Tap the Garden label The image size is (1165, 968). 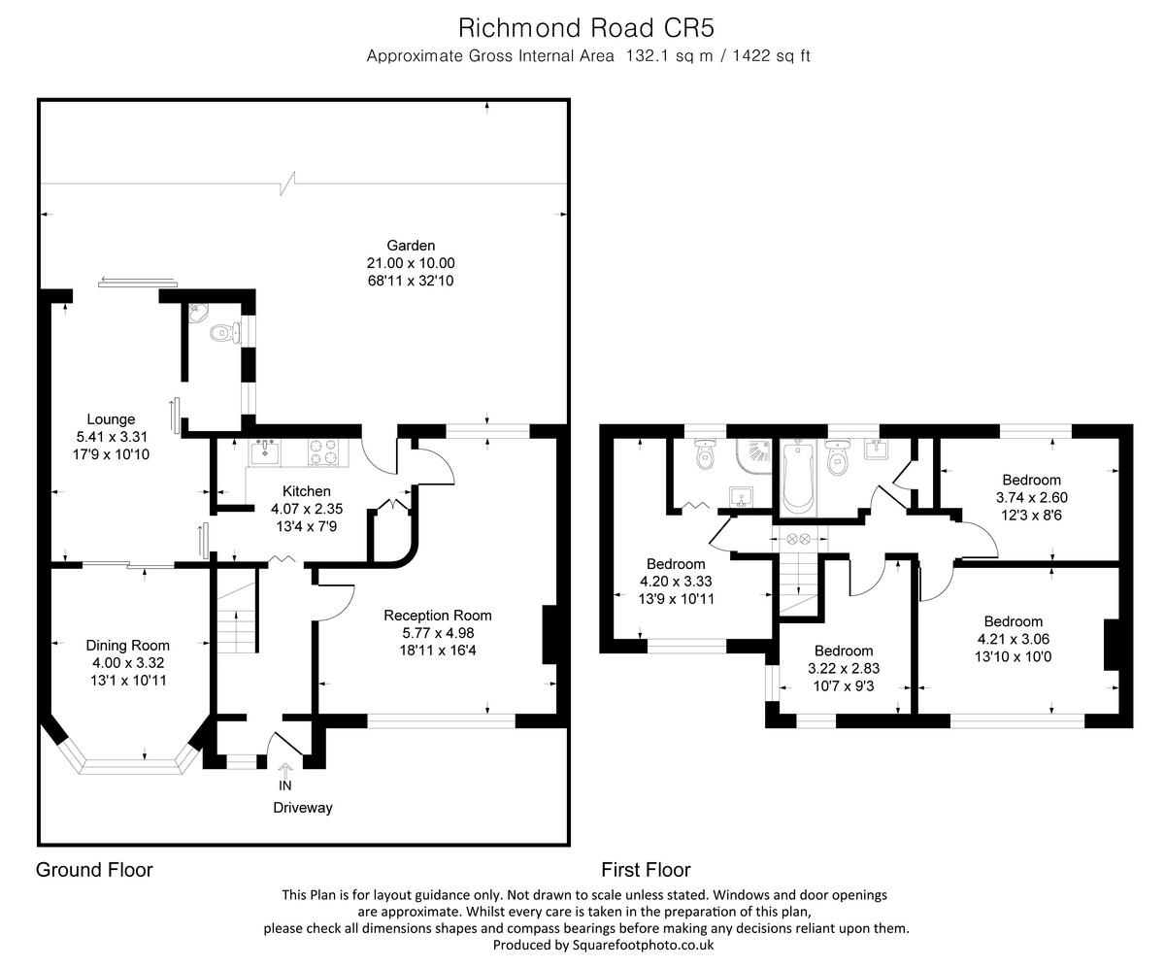click(411, 246)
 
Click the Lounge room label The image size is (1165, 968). click(112, 419)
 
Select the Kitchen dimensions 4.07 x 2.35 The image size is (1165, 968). click(307, 508)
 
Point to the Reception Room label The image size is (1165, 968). click(438, 615)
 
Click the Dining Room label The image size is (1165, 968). click(127, 645)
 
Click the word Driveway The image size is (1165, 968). click(302, 808)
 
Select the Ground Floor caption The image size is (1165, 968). click(94, 870)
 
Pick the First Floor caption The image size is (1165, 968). click(646, 870)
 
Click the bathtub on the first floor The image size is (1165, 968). click(797, 477)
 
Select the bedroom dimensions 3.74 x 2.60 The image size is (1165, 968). click(1031, 497)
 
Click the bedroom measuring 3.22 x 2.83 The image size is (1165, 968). click(844, 669)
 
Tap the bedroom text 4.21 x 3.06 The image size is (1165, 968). click(1013, 639)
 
